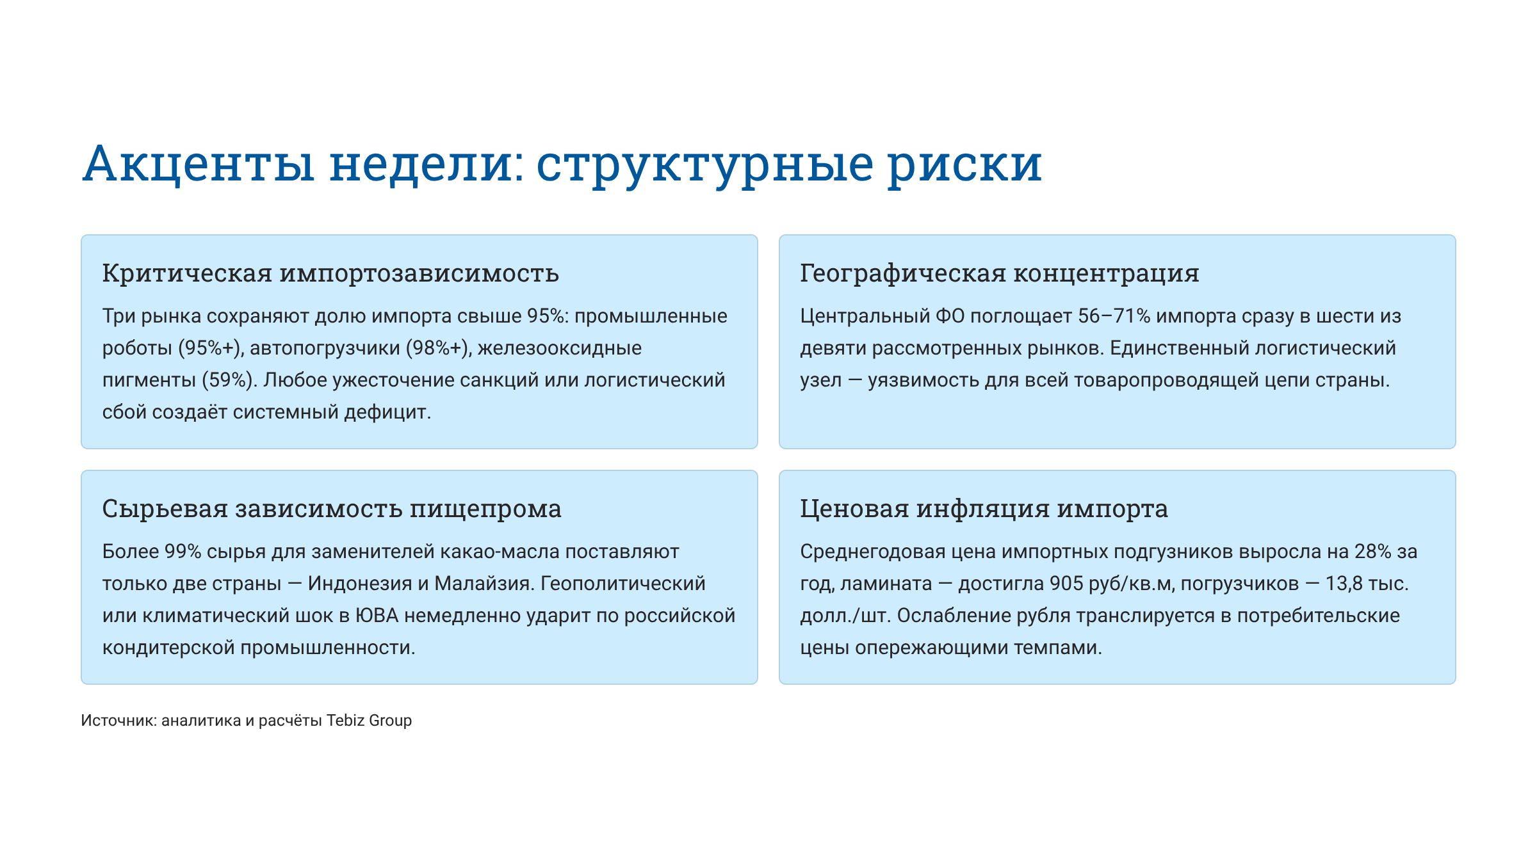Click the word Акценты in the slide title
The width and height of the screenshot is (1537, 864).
pyautogui.click(x=199, y=164)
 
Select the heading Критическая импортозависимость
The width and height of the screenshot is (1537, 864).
pyautogui.click(x=330, y=273)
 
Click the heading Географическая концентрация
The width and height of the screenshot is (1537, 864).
pyautogui.click(x=999, y=273)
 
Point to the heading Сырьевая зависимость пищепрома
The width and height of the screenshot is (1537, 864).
pyautogui.click(x=332, y=509)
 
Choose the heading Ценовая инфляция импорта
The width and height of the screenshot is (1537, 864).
pyautogui.click(x=984, y=509)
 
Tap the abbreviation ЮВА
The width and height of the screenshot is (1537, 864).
pyautogui.click(x=377, y=616)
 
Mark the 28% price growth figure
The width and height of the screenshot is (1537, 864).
pyautogui.click(x=1372, y=552)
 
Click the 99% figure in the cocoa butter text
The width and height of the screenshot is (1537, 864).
pyautogui.click(x=183, y=552)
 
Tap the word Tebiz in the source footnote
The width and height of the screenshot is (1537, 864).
pyautogui.click(x=345, y=721)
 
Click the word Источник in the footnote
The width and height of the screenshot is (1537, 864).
pyautogui.click(x=118, y=721)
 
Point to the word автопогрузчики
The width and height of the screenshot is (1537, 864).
pyautogui.click(x=325, y=348)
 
